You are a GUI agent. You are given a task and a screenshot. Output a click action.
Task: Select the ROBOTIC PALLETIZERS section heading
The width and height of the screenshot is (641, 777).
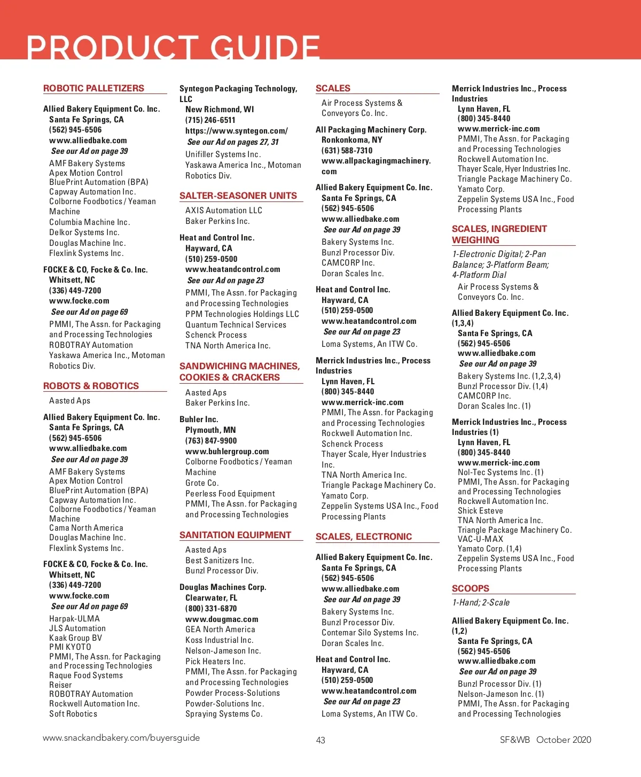coord(93,88)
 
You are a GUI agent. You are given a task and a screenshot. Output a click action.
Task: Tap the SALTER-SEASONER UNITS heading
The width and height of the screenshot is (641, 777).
coord(238,196)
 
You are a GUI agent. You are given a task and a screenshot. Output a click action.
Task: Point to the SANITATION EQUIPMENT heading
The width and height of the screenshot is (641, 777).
coord(235,535)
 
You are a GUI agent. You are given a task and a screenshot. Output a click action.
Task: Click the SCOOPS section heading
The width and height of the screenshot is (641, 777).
coord(471,588)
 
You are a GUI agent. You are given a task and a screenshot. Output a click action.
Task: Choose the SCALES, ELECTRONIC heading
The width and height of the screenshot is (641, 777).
coord(364,537)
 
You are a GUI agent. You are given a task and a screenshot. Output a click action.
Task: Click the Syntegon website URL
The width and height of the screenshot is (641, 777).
coord(237,131)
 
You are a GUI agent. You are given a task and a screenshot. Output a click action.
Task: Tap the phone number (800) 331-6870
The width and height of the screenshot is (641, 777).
coord(211,608)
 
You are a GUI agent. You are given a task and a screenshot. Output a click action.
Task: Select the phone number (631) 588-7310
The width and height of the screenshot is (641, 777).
coord(347,150)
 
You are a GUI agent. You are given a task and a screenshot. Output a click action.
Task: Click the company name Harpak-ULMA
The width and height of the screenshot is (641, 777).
coord(74,619)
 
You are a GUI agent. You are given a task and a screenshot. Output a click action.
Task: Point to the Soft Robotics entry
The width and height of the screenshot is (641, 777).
coord(73,714)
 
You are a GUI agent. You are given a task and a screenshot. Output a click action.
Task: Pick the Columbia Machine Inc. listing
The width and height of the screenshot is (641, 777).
coord(90,222)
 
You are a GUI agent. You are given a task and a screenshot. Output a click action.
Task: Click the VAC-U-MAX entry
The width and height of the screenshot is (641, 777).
coord(480,539)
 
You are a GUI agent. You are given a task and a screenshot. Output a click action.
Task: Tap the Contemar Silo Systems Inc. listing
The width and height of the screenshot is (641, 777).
coord(370,633)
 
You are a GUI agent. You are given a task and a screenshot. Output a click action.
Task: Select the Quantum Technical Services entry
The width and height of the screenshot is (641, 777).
coord(236,325)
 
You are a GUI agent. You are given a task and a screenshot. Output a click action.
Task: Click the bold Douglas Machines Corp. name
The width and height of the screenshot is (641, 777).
coord(223,587)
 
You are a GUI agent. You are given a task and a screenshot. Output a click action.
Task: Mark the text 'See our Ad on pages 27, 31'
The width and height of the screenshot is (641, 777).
coord(233,142)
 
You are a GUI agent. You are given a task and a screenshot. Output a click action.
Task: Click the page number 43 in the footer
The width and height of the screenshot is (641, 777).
coord(320,740)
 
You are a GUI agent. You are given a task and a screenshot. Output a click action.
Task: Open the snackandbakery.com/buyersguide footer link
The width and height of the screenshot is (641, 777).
coord(121,738)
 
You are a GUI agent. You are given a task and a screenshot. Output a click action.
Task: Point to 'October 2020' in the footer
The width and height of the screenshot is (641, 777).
coord(564,740)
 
